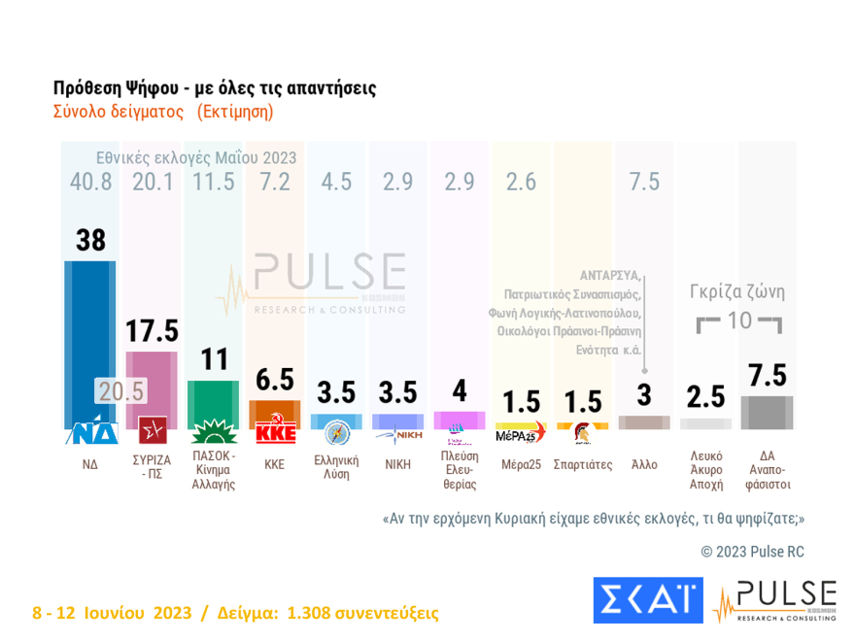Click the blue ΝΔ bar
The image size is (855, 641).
tap(89, 330)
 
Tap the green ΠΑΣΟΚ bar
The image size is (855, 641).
tap(214, 403)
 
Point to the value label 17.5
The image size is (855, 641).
tap(152, 331)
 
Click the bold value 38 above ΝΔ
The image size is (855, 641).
tap(90, 240)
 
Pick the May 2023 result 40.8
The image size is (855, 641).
tap(90, 182)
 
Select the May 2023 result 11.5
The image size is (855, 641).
tap(214, 182)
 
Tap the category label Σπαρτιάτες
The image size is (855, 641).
tap(582, 464)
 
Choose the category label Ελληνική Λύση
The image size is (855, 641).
tap(336, 467)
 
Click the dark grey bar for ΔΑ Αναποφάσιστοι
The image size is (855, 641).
tap(767, 412)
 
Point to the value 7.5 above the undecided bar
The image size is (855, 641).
tap(767, 376)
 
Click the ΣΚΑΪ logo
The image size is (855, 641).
tap(647, 599)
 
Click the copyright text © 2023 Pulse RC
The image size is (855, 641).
tap(752, 552)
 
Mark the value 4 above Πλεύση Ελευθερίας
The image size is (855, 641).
tap(460, 391)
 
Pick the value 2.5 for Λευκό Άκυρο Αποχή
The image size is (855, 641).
tap(705, 396)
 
